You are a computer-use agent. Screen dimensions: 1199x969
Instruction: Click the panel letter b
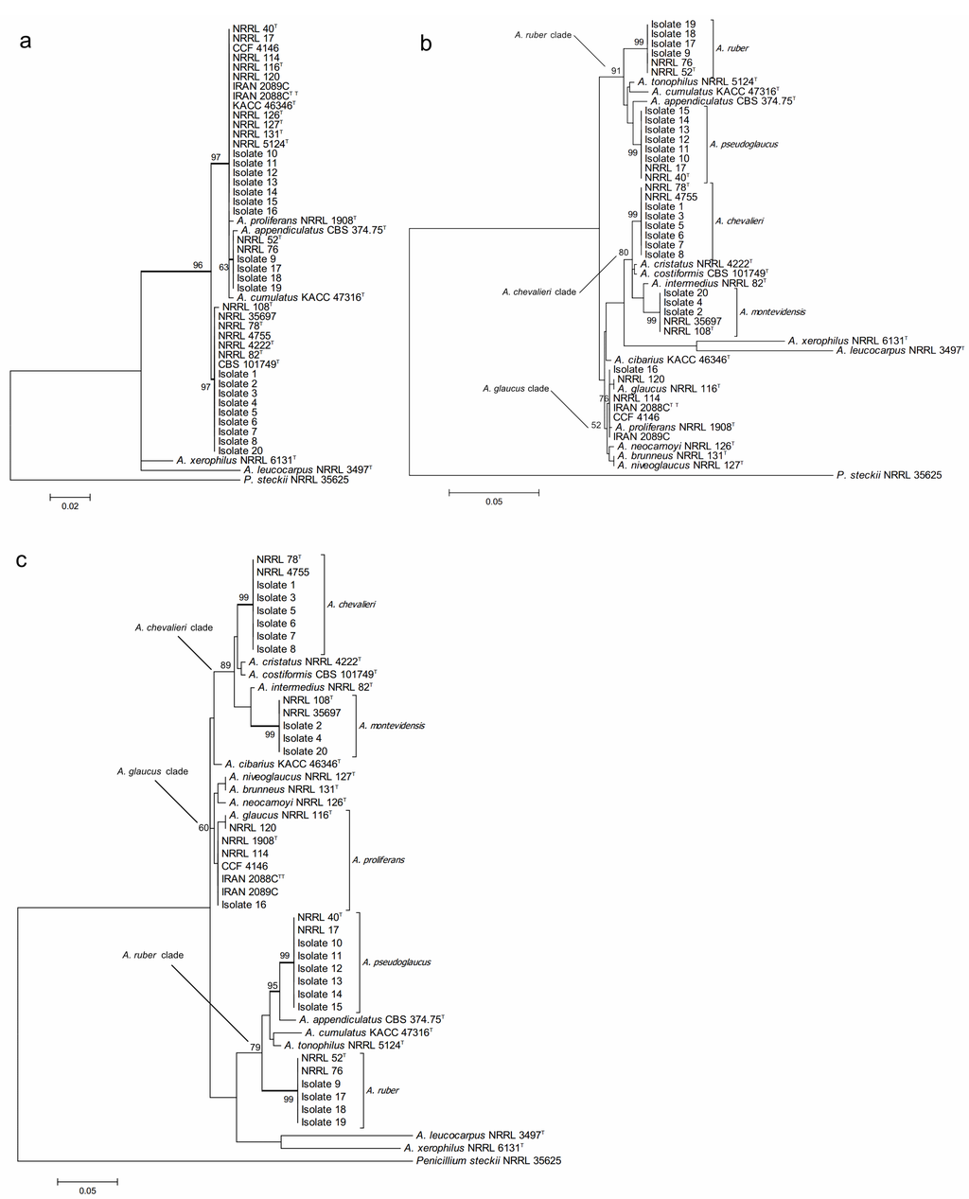[x=427, y=43]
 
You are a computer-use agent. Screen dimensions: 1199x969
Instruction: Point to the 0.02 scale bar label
[x=70, y=506]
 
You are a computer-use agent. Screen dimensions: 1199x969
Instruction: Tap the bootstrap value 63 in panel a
[x=223, y=268]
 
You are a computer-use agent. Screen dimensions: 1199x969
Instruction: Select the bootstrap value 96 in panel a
[x=199, y=266]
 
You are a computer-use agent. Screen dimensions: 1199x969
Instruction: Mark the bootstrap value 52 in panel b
[x=595, y=425]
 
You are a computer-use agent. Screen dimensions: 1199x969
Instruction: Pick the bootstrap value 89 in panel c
[x=225, y=665]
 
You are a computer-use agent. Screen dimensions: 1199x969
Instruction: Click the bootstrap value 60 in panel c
[x=203, y=828]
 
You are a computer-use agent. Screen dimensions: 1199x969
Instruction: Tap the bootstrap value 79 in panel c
[x=254, y=1048]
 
